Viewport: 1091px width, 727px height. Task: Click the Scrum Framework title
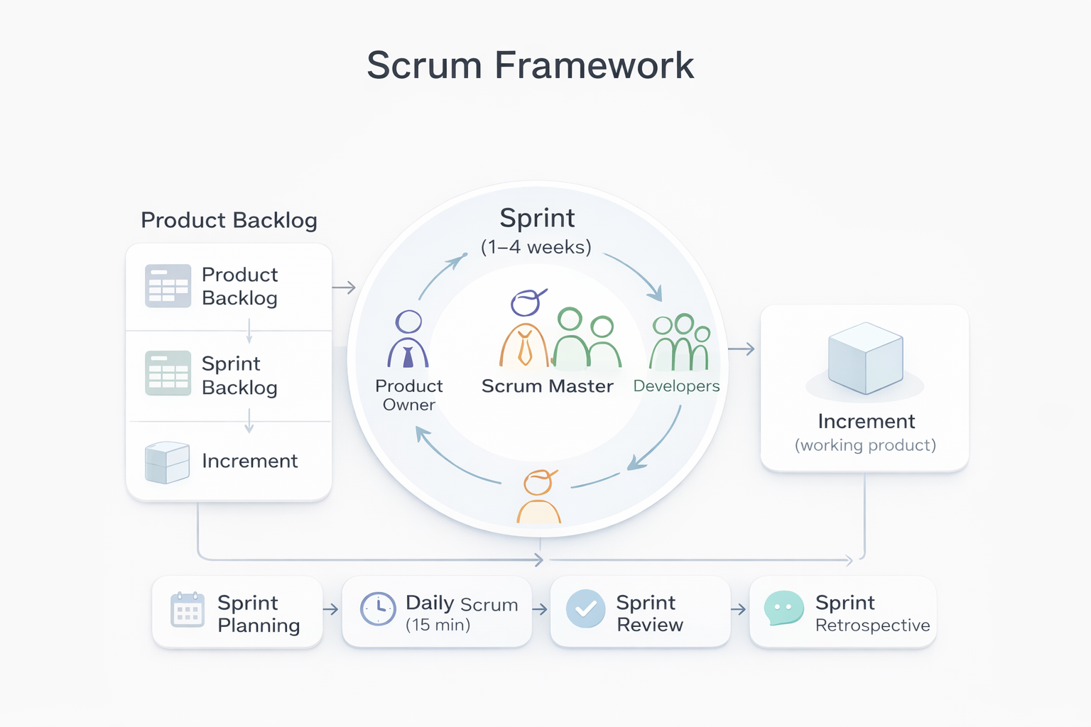click(530, 65)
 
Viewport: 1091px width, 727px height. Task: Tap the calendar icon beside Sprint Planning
click(188, 610)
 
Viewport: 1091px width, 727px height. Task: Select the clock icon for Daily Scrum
click(378, 608)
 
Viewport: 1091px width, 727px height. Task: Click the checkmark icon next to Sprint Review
click(585, 609)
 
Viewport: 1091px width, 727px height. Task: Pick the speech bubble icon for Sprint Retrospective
click(783, 608)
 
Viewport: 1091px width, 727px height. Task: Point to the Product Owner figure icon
click(408, 339)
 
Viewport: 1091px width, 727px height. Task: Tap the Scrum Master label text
click(547, 386)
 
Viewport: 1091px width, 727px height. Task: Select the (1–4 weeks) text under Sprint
click(536, 247)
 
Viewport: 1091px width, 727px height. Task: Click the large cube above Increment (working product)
click(865, 358)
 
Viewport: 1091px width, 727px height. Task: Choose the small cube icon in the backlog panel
click(167, 462)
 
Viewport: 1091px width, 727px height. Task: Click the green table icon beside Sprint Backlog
click(168, 373)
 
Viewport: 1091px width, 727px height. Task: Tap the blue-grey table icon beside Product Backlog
click(168, 285)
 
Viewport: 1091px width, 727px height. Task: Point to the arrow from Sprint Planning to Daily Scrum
click(331, 610)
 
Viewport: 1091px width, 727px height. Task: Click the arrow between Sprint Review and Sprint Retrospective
click(739, 610)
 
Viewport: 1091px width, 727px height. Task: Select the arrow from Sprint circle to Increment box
click(742, 349)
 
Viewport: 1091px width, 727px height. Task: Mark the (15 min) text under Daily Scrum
click(438, 625)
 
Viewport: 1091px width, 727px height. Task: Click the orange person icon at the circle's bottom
click(538, 497)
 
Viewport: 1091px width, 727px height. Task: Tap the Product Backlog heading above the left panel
click(229, 220)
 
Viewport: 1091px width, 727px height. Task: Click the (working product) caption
click(865, 445)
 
